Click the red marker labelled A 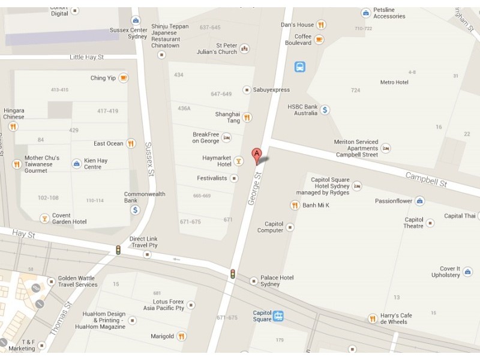[x=257, y=155]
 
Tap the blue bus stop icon [x=300, y=67]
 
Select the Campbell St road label [x=426, y=179]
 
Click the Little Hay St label [x=86, y=57]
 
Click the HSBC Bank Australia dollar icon [x=325, y=110]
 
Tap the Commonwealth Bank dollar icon [x=136, y=210]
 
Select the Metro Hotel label [x=394, y=82]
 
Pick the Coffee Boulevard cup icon [x=319, y=39]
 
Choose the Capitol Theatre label [x=414, y=223]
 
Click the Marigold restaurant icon [x=182, y=336]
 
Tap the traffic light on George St [x=232, y=274]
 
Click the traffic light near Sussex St [x=118, y=250]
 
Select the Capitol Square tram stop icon [x=278, y=316]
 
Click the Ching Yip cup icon [x=124, y=77]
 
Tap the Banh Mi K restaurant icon [x=295, y=205]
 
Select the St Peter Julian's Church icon [x=244, y=49]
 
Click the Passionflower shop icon [x=420, y=201]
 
